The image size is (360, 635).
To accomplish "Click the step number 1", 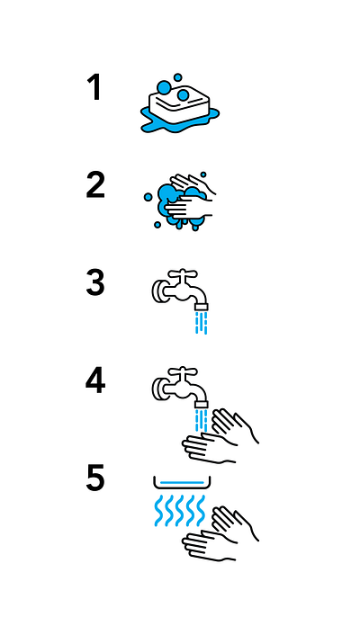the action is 94,87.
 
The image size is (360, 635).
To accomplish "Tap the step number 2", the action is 95,185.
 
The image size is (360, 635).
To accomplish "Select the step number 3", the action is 95,282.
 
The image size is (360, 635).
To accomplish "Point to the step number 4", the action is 95,380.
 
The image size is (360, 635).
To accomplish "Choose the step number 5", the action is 95,478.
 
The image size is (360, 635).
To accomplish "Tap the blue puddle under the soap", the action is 180,121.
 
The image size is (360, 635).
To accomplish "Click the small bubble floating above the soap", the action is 177,77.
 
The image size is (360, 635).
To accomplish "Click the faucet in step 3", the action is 180,289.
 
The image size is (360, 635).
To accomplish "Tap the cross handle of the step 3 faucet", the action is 183,274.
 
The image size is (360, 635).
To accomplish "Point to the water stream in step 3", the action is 201,323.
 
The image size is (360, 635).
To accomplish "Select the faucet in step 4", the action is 180,388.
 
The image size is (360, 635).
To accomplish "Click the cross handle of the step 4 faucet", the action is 183,372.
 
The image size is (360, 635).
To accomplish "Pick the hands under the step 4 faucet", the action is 220,436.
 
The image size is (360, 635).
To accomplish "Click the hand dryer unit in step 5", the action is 182,482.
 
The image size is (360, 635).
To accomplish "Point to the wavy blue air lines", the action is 180,510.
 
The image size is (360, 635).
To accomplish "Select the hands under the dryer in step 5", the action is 220,533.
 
